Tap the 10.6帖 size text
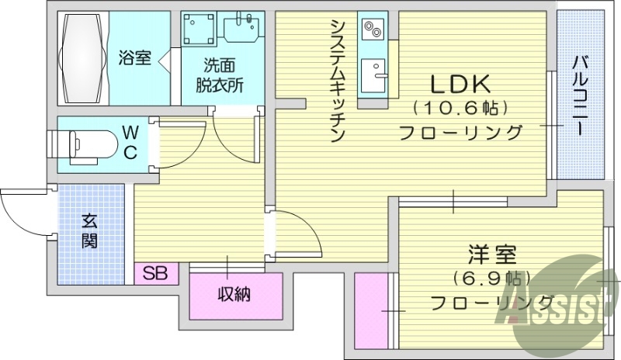point(461,107)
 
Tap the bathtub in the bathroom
point(81,58)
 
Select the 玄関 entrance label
point(90,231)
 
